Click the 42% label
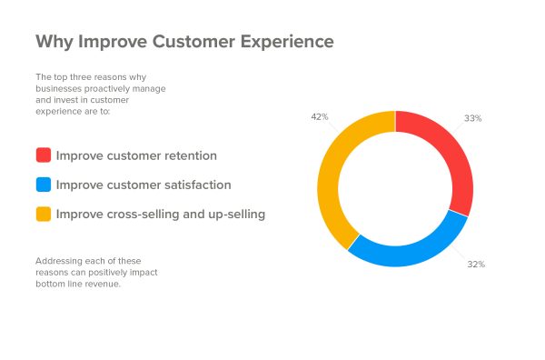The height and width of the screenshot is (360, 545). [x=319, y=117]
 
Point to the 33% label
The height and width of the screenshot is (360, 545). [x=472, y=119]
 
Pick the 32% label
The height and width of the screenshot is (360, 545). [x=475, y=265]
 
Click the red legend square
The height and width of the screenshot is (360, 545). [x=43, y=155]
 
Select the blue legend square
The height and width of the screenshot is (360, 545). [x=43, y=185]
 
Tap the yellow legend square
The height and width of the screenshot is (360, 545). [x=43, y=215]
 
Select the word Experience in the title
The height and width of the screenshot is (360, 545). [x=282, y=43]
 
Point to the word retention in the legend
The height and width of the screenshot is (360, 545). [x=188, y=155]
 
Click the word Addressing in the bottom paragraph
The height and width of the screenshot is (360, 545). [x=57, y=260]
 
